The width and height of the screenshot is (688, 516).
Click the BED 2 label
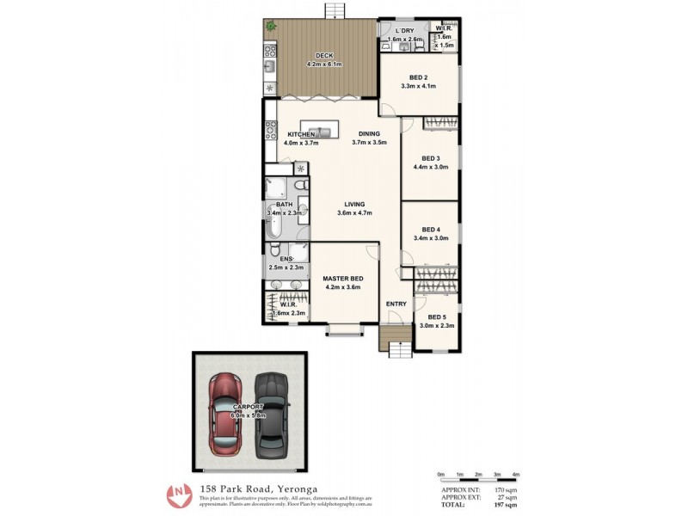click(418, 77)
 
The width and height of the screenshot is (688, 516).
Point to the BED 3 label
click(431, 158)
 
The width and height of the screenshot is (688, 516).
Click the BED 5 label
click(437, 316)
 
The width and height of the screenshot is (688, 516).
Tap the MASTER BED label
click(342, 279)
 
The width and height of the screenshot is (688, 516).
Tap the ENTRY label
click(396, 304)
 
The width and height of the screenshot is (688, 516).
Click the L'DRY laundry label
click(404, 32)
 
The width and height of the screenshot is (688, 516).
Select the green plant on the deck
click(272, 27)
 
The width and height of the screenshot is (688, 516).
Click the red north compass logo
click(180, 495)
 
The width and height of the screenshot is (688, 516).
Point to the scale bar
click(477, 479)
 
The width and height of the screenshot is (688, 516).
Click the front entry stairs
click(399, 348)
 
